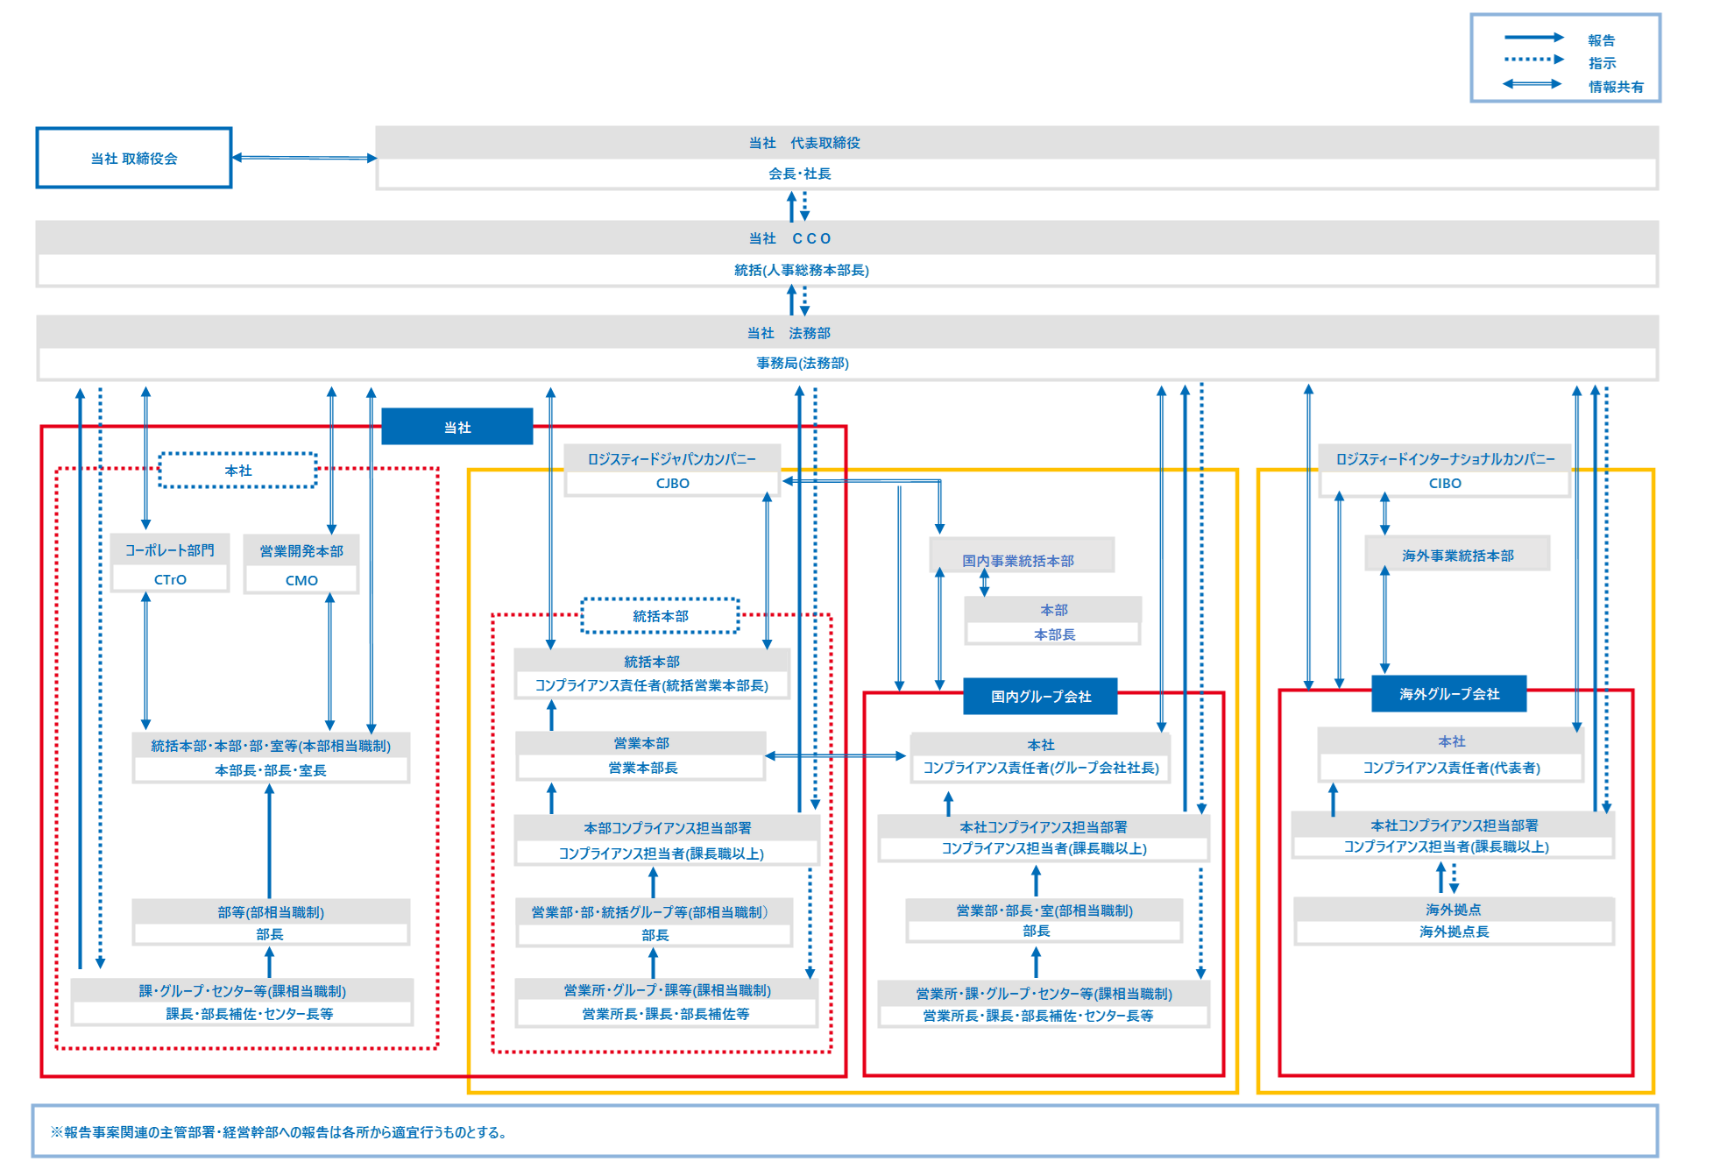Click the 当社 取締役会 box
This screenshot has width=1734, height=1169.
[x=134, y=158]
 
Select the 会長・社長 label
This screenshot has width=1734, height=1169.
[x=800, y=174]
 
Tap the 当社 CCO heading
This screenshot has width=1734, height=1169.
[x=789, y=238]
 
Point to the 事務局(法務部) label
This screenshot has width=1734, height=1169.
[x=803, y=363]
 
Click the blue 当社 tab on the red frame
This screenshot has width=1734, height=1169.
[x=457, y=427]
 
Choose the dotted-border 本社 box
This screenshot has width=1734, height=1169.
[x=237, y=471]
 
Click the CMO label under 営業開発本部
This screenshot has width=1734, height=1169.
[x=301, y=580]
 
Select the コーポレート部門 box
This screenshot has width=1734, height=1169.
[x=170, y=550]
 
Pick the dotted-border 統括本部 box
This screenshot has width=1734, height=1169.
[x=661, y=616]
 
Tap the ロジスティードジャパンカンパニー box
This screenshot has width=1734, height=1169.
[x=672, y=459]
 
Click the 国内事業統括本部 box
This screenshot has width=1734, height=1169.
[x=1018, y=559]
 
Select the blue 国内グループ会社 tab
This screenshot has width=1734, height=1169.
[x=1041, y=697]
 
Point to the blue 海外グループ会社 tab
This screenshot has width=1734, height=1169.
[x=1449, y=694]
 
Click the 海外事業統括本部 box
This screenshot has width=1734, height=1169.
[x=1457, y=556]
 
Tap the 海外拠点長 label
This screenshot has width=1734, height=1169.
[x=1454, y=932]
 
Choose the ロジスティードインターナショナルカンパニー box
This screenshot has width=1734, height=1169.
[x=1445, y=459]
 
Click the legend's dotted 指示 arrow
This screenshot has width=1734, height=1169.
[x=1533, y=60]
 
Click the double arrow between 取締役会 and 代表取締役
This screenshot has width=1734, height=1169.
[x=304, y=158]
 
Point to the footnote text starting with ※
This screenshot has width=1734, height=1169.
[x=279, y=1132]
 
